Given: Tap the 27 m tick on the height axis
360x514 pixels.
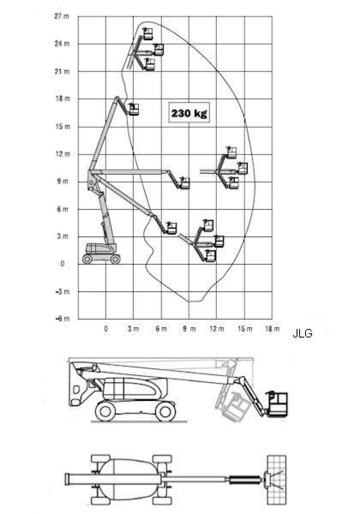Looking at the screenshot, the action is pos(61,16).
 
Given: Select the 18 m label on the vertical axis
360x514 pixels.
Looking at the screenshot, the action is pos(62,99).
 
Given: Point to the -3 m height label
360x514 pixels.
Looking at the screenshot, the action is pos(62,292).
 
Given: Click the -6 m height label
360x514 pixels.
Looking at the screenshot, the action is pos(62,319).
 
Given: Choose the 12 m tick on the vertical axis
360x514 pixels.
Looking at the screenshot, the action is pos(62,154).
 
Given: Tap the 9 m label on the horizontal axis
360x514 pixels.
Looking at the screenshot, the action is pos(189,329).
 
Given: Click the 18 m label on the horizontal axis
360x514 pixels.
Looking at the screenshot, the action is pos(272,329).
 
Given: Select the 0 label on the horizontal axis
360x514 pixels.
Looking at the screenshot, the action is pos(106,329).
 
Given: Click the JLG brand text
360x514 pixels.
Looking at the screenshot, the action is pos(302,334).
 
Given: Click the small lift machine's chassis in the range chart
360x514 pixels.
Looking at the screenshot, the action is pos(101,253).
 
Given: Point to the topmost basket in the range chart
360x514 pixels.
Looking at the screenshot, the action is pos(148,34).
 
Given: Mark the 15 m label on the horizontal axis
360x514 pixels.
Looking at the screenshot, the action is pos(245,329).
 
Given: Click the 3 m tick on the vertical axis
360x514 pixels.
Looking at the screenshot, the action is pos(62,236).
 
